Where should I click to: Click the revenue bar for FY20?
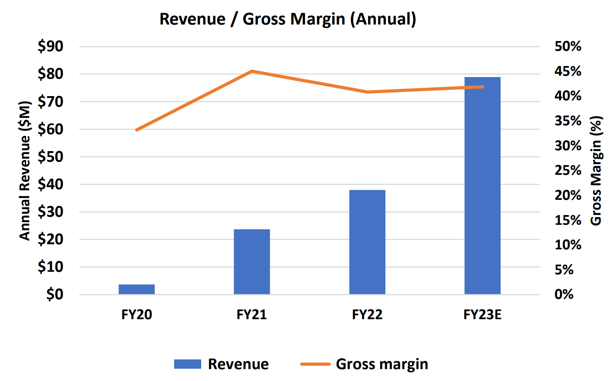tap(136, 289)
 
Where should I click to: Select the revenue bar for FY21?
tap(252, 262)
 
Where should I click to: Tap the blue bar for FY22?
tap(367, 242)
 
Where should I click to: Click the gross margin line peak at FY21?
tap(252, 71)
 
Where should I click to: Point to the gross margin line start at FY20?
tap(137, 130)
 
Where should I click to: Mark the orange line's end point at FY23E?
tap(482, 87)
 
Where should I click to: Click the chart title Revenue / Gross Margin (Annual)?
tap(288, 19)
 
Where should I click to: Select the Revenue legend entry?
tap(222, 364)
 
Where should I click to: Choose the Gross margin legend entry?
tap(364, 364)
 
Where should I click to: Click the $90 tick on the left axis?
tap(50, 46)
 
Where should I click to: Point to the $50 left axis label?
tap(50, 157)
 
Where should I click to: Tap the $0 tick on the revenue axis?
tap(55, 294)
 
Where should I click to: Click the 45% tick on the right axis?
tap(568, 71)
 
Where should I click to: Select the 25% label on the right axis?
tap(568, 170)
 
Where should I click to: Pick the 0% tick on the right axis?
tap(564, 294)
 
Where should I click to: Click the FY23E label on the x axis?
tap(482, 315)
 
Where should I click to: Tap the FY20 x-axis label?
tap(136, 315)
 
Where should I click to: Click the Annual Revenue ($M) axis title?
tap(25, 171)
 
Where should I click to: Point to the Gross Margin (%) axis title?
tap(596, 171)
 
